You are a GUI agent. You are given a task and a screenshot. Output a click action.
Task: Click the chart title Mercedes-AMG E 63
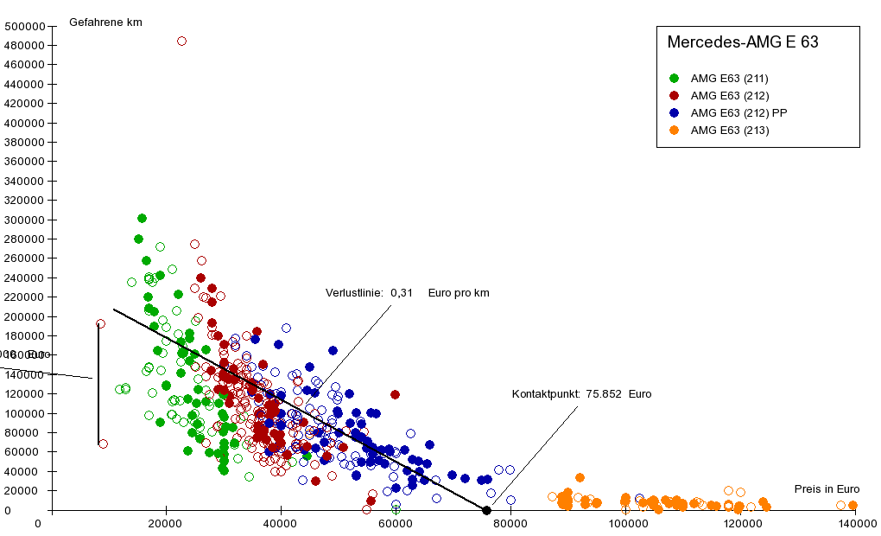[x=742, y=41]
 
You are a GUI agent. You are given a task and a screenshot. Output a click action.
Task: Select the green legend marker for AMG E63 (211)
[x=674, y=78]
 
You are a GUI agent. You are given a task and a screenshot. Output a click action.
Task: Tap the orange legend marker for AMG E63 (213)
[x=674, y=130]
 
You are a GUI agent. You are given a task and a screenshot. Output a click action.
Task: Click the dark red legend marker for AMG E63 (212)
[x=674, y=95]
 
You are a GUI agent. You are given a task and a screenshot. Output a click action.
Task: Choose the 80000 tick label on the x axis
[x=510, y=524]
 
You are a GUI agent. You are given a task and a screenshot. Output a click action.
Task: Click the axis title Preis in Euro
[x=827, y=488]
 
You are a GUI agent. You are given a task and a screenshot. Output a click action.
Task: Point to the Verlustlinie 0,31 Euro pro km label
[x=407, y=293]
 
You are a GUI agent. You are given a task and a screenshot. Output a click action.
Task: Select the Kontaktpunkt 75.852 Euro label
[x=581, y=394]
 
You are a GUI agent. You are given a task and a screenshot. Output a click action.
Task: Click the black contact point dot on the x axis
[x=487, y=510]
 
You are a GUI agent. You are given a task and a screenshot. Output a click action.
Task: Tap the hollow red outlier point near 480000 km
[x=181, y=41]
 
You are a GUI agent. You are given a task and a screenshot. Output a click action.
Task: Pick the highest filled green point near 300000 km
[x=142, y=219]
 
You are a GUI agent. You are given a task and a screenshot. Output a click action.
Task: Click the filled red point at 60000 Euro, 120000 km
[x=396, y=394]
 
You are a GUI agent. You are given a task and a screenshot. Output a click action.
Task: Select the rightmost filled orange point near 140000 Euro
[x=852, y=506]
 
